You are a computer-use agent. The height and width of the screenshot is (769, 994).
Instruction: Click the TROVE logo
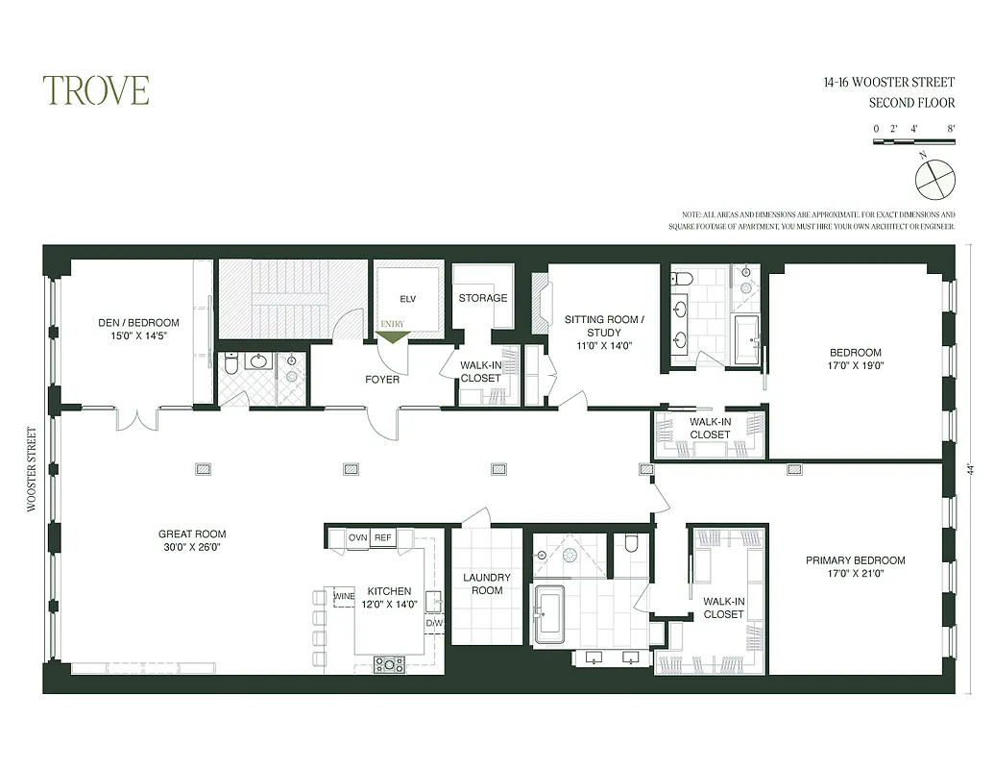tap(95, 90)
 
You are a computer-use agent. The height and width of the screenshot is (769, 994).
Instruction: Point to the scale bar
tap(913, 142)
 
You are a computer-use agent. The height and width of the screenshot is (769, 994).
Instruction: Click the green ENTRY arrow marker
tap(394, 335)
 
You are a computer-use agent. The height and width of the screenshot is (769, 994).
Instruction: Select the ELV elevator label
tap(407, 299)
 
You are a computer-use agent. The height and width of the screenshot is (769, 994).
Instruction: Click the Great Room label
tap(192, 540)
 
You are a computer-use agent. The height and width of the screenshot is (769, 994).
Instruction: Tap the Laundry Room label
tap(487, 583)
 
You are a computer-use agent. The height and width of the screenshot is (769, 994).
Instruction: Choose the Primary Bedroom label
tap(855, 567)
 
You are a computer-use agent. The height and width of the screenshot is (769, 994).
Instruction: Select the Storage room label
tap(482, 298)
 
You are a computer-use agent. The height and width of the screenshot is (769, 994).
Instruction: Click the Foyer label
tap(382, 379)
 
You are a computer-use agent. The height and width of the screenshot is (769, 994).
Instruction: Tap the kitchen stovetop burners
tap(389, 663)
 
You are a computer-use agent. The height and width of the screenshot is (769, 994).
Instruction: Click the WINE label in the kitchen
tap(344, 596)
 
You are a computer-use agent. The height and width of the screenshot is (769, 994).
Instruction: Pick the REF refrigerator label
tap(383, 538)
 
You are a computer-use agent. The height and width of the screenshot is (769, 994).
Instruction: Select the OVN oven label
tap(358, 538)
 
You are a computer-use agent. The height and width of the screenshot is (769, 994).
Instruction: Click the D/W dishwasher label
tap(434, 623)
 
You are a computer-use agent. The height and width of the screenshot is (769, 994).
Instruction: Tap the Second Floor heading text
tap(911, 103)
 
